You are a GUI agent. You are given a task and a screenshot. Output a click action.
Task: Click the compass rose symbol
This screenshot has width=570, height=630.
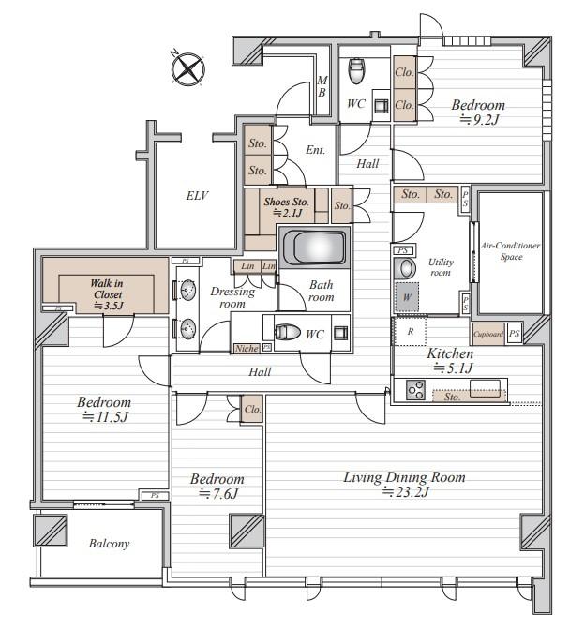[188, 68]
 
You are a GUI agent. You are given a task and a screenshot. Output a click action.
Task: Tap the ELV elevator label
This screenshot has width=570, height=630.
[197, 196]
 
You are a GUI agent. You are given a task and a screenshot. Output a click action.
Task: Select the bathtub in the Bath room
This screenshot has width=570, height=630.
[314, 247]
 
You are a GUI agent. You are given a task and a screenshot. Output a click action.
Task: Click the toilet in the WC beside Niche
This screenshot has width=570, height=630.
[288, 332]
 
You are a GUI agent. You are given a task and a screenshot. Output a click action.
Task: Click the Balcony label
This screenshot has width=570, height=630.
[110, 544]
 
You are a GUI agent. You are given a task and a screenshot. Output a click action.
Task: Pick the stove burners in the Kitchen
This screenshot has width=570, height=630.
[415, 389]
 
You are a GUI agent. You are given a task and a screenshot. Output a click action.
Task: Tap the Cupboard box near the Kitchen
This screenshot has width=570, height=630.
[488, 334]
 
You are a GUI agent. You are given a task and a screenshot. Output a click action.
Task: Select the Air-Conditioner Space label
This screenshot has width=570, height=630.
[511, 251]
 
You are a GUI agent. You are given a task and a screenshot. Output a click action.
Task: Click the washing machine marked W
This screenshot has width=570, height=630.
[407, 297]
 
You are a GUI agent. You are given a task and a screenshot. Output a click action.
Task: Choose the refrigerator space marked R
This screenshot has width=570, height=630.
[410, 332]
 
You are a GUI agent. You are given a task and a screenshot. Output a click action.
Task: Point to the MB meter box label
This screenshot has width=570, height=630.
[322, 87]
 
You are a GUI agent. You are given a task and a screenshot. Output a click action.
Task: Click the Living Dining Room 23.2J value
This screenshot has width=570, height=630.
[406, 492]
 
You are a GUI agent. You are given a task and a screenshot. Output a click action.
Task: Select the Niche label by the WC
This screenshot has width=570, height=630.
[247, 349]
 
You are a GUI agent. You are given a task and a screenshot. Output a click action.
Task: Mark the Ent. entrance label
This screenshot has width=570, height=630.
[315, 150]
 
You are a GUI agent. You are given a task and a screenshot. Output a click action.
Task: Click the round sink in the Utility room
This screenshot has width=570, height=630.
[406, 269]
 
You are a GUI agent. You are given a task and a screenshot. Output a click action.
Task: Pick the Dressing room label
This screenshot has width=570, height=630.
[232, 297]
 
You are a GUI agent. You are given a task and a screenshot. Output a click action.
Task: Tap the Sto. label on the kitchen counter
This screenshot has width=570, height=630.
[452, 397]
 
